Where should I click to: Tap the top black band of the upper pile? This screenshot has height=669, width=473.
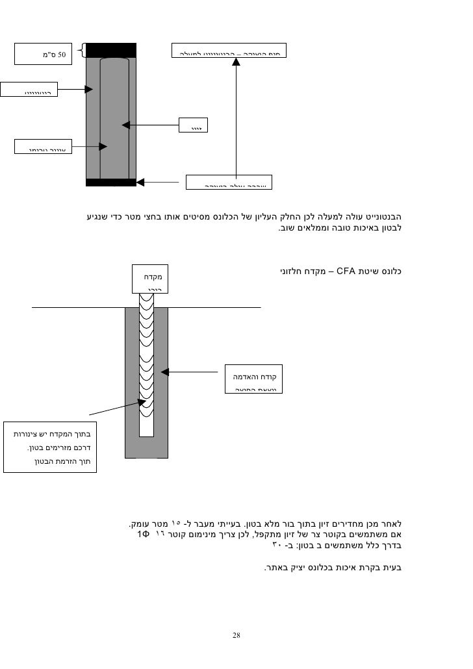[x=110, y=50]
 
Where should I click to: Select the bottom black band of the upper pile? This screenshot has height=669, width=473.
[x=110, y=183]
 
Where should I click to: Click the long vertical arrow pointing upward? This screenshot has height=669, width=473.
[x=235, y=117]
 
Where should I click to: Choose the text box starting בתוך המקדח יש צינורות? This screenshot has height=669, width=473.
[x=49, y=448]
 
